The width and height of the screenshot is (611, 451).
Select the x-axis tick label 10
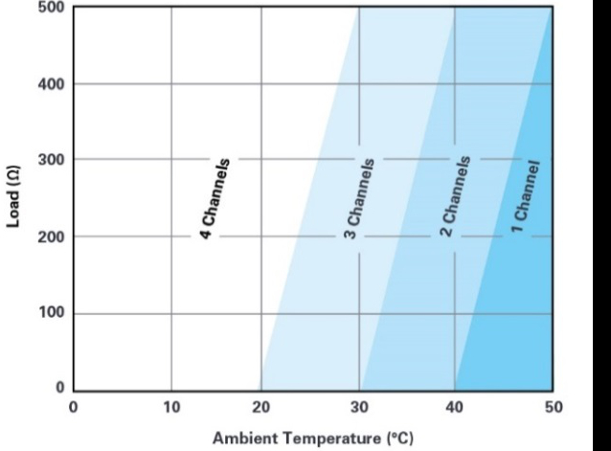170,407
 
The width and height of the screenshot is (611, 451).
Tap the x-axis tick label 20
262,407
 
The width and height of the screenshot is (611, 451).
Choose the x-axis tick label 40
454,407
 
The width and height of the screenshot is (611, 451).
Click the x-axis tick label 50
552,407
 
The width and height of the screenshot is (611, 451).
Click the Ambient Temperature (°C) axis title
312,439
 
